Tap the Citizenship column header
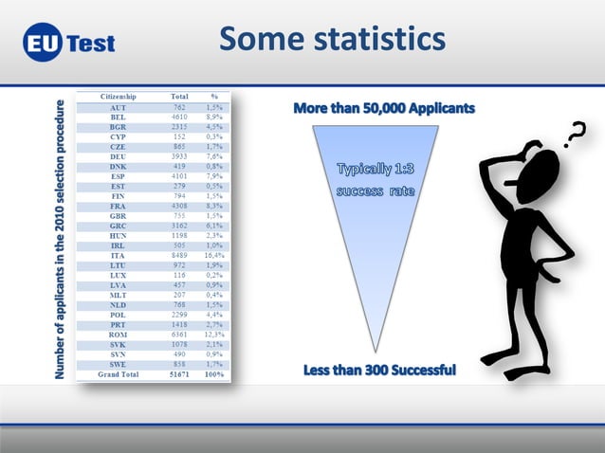coord(119,97)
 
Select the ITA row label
coord(119,255)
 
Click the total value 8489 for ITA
coord(177,255)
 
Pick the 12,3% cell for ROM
coord(214,334)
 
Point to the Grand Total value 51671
coord(177,374)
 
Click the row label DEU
coord(119,156)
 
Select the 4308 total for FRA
coord(177,206)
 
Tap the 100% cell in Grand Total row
coord(214,374)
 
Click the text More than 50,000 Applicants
coord(384,109)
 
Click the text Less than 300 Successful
coord(379,370)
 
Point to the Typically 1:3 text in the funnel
coord(376,170)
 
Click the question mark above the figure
coord(575,139)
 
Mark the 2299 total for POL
coord(177,314)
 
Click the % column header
coord(214,97)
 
